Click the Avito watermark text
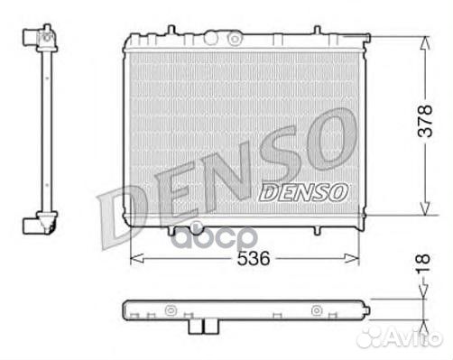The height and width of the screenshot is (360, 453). click(x=411, y=338)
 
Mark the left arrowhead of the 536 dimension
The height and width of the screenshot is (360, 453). click(x=135, y=258)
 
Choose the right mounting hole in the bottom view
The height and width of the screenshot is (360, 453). click(x=316, y=311)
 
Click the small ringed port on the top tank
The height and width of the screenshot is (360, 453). click(x=235, y=38)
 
